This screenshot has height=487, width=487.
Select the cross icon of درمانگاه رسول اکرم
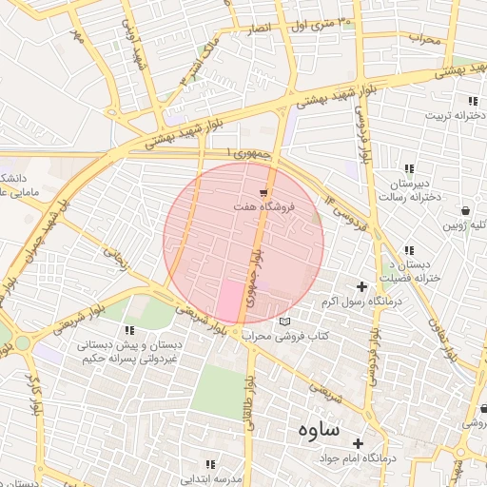tap(361, 286)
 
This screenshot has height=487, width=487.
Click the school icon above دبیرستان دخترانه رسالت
tap(408, 169)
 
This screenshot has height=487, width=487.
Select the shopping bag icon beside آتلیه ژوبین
tap(464, 211)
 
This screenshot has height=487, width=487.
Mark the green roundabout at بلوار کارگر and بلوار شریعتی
tap(20, 341)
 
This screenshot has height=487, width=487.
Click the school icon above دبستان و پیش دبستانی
tap(128, 330)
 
